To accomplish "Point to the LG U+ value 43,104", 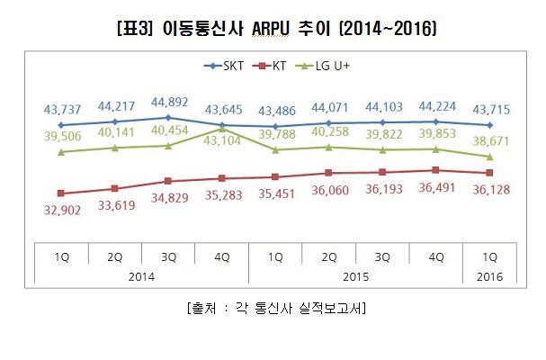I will (221, 141).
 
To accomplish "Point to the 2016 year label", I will (489, 277).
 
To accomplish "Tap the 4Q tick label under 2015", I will (435, 256).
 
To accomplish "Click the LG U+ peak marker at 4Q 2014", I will (222, 129).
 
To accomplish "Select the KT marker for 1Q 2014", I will (60, 193).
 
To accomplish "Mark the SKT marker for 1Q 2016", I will (489, 125).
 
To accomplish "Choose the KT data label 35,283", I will (221, 194).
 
